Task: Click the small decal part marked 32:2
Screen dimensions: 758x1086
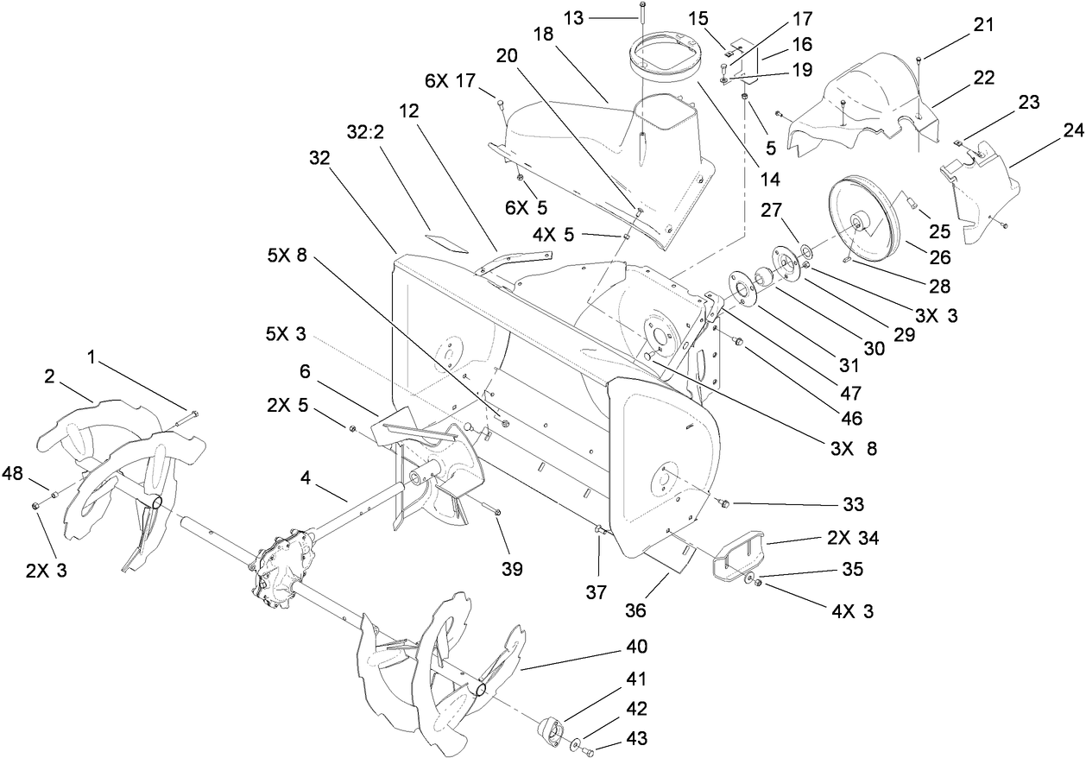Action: [447, 234]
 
